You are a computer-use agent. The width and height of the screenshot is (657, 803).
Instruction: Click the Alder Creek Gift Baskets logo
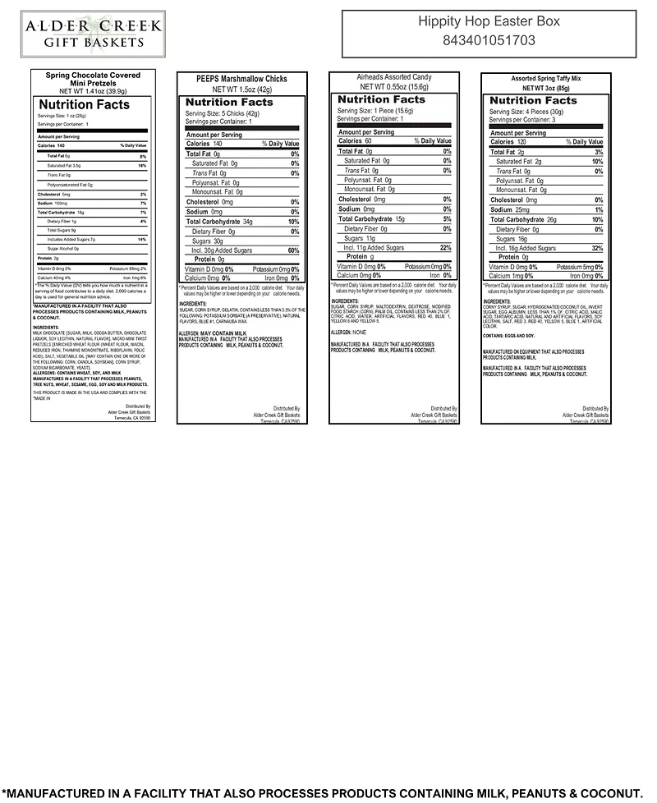tap(81, 34)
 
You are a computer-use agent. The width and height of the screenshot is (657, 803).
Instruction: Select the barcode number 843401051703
tap(489, 39)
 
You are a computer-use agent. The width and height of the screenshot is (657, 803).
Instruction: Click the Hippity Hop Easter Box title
tap(489, 21)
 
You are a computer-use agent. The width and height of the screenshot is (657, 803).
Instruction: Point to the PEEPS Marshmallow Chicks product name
tap(241, 79)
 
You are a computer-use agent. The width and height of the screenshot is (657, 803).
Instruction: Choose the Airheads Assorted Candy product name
tap(393, 77)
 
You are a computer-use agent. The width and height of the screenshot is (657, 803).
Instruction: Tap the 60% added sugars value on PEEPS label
tap(293, 250)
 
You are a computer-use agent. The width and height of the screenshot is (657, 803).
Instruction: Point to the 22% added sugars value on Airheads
tap(446, 247)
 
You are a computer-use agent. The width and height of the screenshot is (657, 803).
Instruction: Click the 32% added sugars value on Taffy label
tap(597, 248)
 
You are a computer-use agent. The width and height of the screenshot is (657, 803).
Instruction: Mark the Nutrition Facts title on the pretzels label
tap(84, 105)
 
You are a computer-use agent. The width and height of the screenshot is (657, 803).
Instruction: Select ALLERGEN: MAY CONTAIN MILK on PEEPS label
tap(213, 333)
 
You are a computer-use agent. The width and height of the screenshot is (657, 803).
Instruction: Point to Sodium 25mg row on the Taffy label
tap(511, 210)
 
